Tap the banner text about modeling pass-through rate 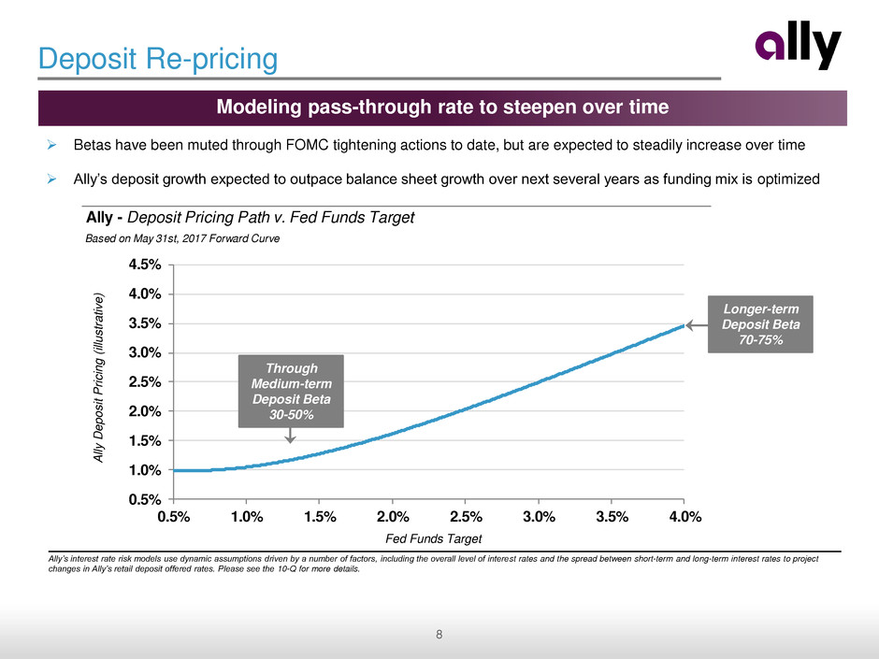pos(442,107)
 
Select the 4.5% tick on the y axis pos(145,265)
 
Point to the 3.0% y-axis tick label pos(145,352)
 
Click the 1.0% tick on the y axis pos(145,469)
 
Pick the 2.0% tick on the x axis pos(393,516)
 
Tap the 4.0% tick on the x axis pos(684,516)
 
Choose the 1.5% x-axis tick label pos(320,516)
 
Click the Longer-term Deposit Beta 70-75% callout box pos(759,323)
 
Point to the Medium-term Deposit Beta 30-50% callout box pos(291,390)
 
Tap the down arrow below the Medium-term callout pos(291,435)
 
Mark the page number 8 pos(439,637)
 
